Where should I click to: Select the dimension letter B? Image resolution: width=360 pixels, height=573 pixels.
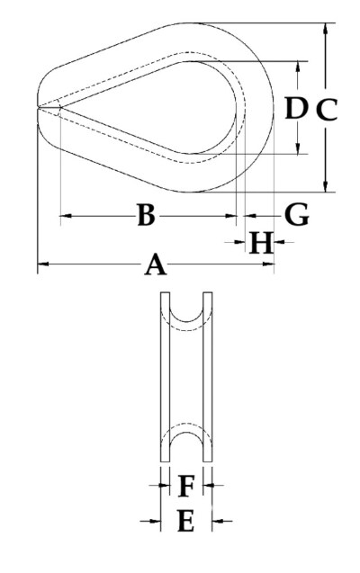pos(146,215)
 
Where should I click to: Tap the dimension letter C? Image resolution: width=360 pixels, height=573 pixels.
pos(327,110)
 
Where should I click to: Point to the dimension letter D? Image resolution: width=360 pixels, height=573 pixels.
pos(295,108)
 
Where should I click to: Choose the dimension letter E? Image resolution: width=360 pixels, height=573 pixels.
pos(185,521)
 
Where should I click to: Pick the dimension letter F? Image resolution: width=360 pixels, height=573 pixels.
pos(186,486)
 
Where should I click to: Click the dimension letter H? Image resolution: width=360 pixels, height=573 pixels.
pos(261,242)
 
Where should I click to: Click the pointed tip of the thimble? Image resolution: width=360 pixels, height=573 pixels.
pos(38,107)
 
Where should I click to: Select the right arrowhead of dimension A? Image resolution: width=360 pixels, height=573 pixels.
pos(268,264)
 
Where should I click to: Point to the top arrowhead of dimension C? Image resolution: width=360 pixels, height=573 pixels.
pos(325,29)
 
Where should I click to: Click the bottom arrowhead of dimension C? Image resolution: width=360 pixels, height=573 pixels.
pos(325,186)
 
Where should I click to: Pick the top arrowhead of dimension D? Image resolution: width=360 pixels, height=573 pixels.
pos(298,67)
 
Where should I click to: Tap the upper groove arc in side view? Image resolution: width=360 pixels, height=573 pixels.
pos(186,322)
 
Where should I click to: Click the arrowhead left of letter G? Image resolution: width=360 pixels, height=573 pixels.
pos(249,216)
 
